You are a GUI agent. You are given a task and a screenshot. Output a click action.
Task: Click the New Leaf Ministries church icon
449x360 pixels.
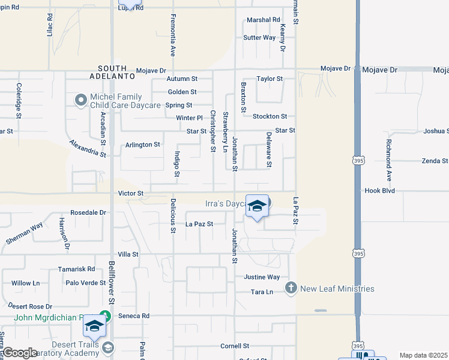click(291, 289)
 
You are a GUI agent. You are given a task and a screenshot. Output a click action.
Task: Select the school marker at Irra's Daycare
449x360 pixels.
click(257, 206)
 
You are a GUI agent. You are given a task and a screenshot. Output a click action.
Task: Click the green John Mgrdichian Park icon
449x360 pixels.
click(106, 315)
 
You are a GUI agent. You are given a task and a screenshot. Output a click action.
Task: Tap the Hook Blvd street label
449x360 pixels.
click(379, 191)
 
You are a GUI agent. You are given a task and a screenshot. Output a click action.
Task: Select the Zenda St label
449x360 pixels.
click(435, 161)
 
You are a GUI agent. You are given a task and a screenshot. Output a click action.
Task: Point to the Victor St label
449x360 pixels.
click(131, 194)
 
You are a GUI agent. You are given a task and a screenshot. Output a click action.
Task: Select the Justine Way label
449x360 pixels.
click(262, 277)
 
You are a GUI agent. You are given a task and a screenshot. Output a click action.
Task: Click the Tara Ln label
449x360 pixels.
click(262, 292)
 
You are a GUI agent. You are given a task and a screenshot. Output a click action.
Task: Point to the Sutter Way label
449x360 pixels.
click(259, 38)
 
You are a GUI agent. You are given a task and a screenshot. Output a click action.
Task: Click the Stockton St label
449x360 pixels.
click(270, 116)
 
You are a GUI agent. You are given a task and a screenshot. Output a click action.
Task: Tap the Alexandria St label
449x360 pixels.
click(87, 149)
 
